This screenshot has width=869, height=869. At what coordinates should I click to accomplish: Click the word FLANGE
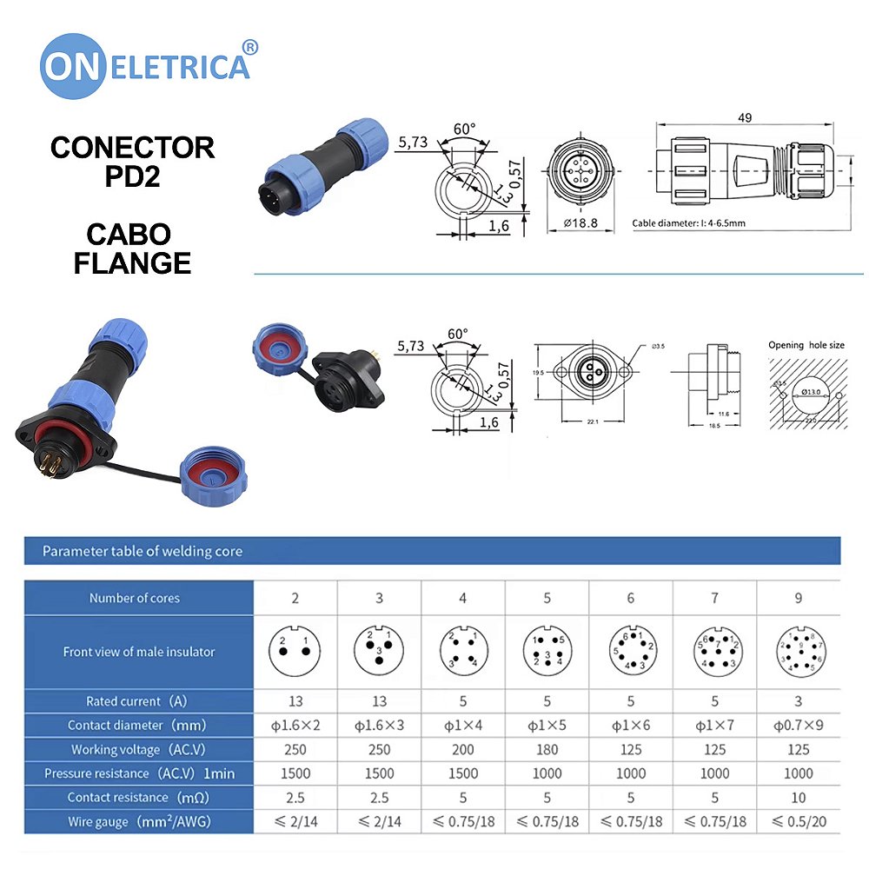click(x=132, y=262)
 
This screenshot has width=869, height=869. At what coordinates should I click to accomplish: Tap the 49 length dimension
click(x=745, y=118)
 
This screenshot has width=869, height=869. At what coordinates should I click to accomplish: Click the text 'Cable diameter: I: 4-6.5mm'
click(x=688, y=223)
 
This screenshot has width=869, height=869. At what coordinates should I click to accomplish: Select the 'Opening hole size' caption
click(x=806, y=345)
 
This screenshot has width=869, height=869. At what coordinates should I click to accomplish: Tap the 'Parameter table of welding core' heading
click(x=143, y=551)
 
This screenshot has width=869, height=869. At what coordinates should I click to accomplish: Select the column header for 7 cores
click(x=714, y=598)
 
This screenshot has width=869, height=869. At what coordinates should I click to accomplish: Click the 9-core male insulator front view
click(x=799, y=652)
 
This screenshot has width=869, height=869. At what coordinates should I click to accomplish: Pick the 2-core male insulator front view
click(x=295, y=652)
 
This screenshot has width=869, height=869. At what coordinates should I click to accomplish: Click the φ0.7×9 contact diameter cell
click(x=799, y=725)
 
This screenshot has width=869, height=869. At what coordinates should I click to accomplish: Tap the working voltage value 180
click(x=547, y=749)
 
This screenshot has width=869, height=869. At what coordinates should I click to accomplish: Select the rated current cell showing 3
click(x=799, y=701)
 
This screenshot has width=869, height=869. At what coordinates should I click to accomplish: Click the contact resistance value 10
click(x=799, y=797)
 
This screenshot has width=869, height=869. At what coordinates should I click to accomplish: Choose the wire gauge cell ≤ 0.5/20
click(x=799, y=821)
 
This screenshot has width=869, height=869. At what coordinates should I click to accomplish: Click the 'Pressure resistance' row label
click(x=139, y=773)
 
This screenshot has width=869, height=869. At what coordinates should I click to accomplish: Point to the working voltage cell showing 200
click(x=462, y=749)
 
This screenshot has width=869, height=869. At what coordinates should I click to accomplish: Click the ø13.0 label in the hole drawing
click(x=811, y=392)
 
